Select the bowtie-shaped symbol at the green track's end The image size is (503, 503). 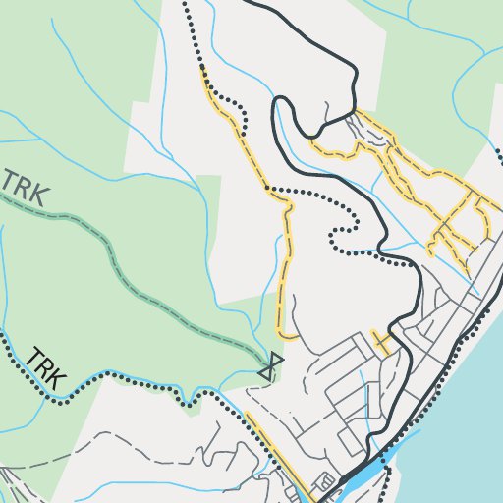(269, 366)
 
